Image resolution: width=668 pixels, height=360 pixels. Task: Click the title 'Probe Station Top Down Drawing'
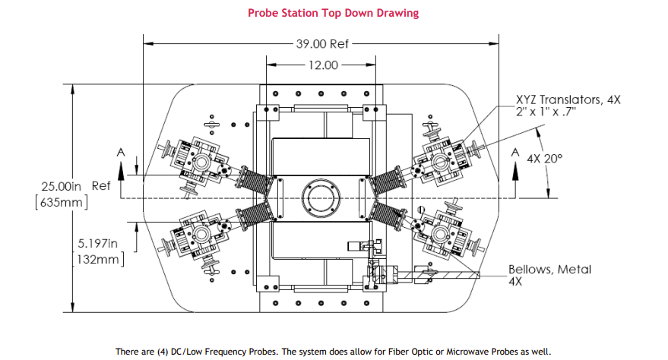click(333, 13)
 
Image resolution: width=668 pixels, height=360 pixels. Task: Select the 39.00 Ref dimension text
click(322, 44)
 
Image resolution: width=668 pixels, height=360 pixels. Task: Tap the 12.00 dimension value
click(323, 65)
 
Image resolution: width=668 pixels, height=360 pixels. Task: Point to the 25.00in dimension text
click(61, 186)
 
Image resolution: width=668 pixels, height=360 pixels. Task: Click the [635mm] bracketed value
click(62, 202)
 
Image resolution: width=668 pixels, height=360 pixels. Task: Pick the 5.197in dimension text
click(97, 243)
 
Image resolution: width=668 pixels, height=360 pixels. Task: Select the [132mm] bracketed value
click(98, 259)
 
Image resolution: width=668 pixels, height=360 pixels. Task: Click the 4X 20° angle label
click(544, 159)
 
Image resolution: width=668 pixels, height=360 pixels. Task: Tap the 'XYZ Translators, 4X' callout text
click(568, 99)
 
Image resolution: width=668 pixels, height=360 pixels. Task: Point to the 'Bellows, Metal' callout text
click(549, 270)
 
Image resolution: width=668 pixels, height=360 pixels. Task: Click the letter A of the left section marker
click(121, 153)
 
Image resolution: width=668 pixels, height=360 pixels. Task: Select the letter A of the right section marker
click(515, 153)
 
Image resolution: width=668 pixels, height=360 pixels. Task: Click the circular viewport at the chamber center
click(321, 198)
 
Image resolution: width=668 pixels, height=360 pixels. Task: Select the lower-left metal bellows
click(255, 216)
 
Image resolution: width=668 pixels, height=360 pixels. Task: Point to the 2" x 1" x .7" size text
click(546, 112)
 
